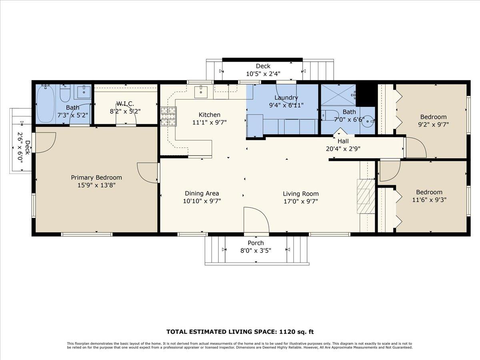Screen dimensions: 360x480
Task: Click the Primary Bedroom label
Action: pos(96,178)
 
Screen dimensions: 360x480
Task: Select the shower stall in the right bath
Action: pos(338,94)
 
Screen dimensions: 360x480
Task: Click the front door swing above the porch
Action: pos(256,219)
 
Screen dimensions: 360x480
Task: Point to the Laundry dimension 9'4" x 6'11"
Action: pos(286,106)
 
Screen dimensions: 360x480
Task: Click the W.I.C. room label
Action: pos(125,104)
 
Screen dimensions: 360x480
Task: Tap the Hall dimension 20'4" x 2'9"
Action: pos(343,149)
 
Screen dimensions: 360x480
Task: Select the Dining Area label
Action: pos(202,194)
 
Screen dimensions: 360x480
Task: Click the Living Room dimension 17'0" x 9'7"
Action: pos(300,202)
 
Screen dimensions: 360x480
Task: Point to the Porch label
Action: pos(256,243)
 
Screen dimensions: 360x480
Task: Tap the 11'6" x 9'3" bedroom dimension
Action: pos(429,200)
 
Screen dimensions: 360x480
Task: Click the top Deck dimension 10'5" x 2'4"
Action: pos(263,74)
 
